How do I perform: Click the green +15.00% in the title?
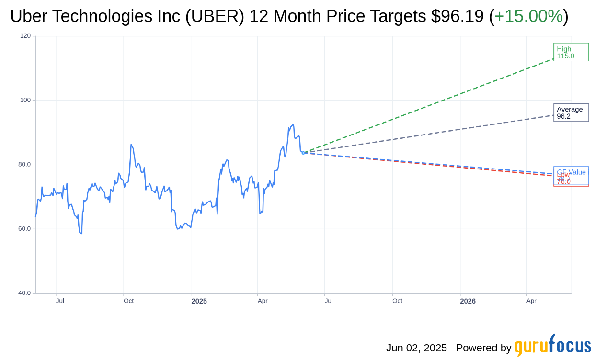click(528, 16)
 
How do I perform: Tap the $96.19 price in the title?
click(457, 16)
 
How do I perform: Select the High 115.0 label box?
click(571, 52)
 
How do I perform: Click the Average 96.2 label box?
click(571, 112)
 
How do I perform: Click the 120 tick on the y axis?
click(25, 36)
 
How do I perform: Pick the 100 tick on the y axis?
click(25, 100)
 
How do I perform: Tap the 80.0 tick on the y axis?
click(24, 164)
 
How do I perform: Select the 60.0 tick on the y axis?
click(24, 228)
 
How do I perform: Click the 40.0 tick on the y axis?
click(24, 293)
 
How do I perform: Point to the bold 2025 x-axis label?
click(199, 301)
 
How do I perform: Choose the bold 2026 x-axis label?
click(468, 301)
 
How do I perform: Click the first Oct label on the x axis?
click(128, 301)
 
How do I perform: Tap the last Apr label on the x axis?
click(531, 301)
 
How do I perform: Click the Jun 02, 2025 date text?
click(416, 348)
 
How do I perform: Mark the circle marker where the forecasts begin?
click(303, 153)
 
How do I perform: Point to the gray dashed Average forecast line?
click(431, 134)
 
